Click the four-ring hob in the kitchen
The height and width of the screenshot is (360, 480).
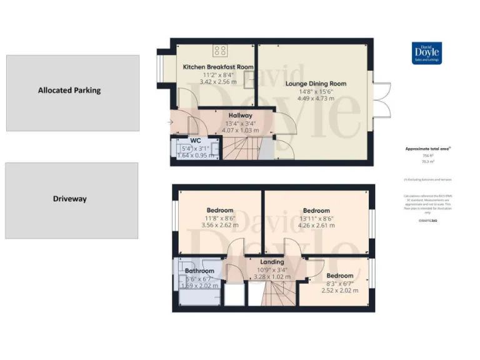[220, 51]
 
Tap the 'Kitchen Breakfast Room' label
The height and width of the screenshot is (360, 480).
[217, 66]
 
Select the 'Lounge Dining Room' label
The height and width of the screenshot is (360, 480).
[316, 83]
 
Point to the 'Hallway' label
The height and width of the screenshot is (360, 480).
[240, 115]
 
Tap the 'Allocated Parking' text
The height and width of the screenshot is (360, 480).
[69, 90]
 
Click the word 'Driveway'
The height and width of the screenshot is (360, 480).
[69, 199]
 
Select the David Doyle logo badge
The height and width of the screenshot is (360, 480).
[427, 53]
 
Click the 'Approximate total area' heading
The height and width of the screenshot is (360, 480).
[428, 149]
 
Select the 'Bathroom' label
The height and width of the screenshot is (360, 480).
[199, 271]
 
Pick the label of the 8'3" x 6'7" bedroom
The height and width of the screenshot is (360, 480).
[340, 276]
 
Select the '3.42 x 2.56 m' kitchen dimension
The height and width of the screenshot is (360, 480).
[217, 81]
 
